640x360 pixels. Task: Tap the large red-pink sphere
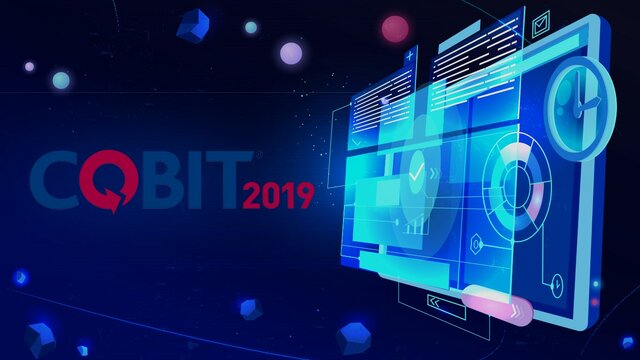[x=396, y=28]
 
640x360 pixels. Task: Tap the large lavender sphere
[x=291, y=53]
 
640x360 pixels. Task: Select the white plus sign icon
[x=410, y=58]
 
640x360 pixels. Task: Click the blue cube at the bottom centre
[x=354, y=337]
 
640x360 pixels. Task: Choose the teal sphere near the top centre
[x=250, y=27]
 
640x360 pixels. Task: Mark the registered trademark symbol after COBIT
[x=260, y=156]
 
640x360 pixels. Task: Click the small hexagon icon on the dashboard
[x=476, y=243]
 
